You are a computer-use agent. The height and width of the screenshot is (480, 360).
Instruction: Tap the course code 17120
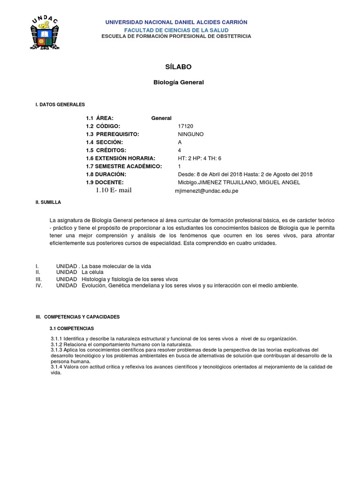click(x=186, y=127)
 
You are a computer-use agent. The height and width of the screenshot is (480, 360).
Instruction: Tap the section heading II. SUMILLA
click(x=48, y=202)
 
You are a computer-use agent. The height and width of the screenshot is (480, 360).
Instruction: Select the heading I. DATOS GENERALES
click(x=60, y=105)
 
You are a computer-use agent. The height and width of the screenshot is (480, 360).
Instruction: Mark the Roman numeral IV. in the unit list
click(x=39, y=285)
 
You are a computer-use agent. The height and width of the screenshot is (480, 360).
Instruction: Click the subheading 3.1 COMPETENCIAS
click(x=72, y=328)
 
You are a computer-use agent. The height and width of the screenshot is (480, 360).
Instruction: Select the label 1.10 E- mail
click(x=114, y=190)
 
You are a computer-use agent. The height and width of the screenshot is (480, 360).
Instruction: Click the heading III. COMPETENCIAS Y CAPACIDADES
click(x=78, y=317)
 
